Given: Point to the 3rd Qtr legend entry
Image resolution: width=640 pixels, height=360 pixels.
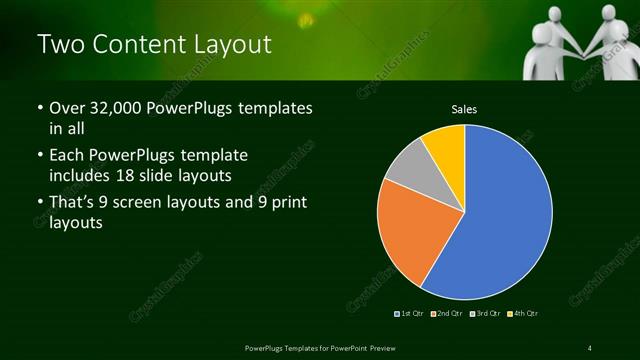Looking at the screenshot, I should coord(484,314).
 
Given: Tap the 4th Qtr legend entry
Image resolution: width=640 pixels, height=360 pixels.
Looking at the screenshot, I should coord(522,314).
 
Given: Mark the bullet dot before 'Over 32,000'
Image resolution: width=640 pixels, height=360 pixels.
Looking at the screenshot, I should coord(40,109).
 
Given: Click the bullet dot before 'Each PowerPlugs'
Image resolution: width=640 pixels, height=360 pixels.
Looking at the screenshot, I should coord(40,156).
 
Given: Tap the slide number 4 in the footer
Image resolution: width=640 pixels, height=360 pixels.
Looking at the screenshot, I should coord(591,347).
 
